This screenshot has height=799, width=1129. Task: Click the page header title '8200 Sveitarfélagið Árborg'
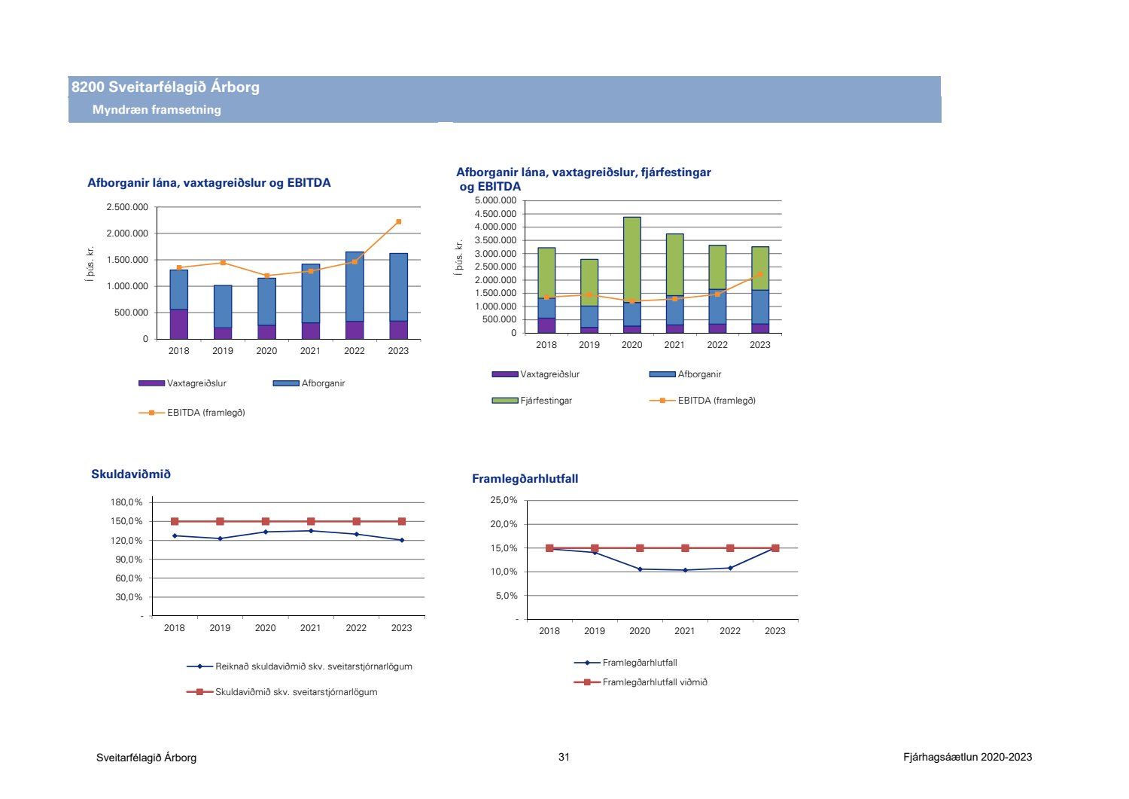pos(166,87)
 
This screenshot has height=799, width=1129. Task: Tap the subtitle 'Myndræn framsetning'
pos(157,110)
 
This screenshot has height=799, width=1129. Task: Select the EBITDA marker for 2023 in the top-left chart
pos(398,221)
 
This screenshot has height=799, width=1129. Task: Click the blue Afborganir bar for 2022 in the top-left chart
pos(355,286)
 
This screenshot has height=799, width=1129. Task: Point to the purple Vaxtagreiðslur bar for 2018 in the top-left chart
pos(178,324)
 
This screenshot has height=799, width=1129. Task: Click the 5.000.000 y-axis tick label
pos(495,201)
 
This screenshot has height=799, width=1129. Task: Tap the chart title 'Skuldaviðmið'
pos(131,474)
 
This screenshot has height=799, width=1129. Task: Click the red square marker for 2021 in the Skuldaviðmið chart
pos(311,521)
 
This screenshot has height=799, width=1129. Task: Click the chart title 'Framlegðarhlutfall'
pos(525,479)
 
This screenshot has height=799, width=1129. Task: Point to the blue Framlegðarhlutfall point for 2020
pos(640,569)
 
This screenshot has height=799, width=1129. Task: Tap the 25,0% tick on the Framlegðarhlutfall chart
pos(504,501)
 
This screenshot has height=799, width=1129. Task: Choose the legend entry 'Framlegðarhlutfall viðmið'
pos(654,682)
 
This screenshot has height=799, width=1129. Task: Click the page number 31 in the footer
pos(564,758)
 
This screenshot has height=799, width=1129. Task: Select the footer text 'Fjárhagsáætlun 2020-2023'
pos(967,758)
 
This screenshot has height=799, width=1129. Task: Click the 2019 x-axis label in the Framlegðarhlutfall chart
pos(595,631)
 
